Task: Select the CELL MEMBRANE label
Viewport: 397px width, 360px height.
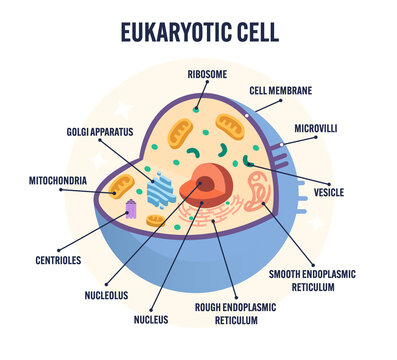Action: pyautogui.click(x=281, y=90)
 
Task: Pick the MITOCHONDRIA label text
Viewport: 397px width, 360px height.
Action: pyautogui.click(x=58, y=181)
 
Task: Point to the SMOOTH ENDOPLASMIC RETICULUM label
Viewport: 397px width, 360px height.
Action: pyautogui.click(x=312, y=278)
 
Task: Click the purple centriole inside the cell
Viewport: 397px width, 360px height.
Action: pyautogui.click(x=131, y=209)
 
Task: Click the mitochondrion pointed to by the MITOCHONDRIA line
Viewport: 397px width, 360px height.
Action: pyautogui.click(x=123, y=185)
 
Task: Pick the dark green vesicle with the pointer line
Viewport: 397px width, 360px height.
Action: pyautogui.click(x=247, y=160)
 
